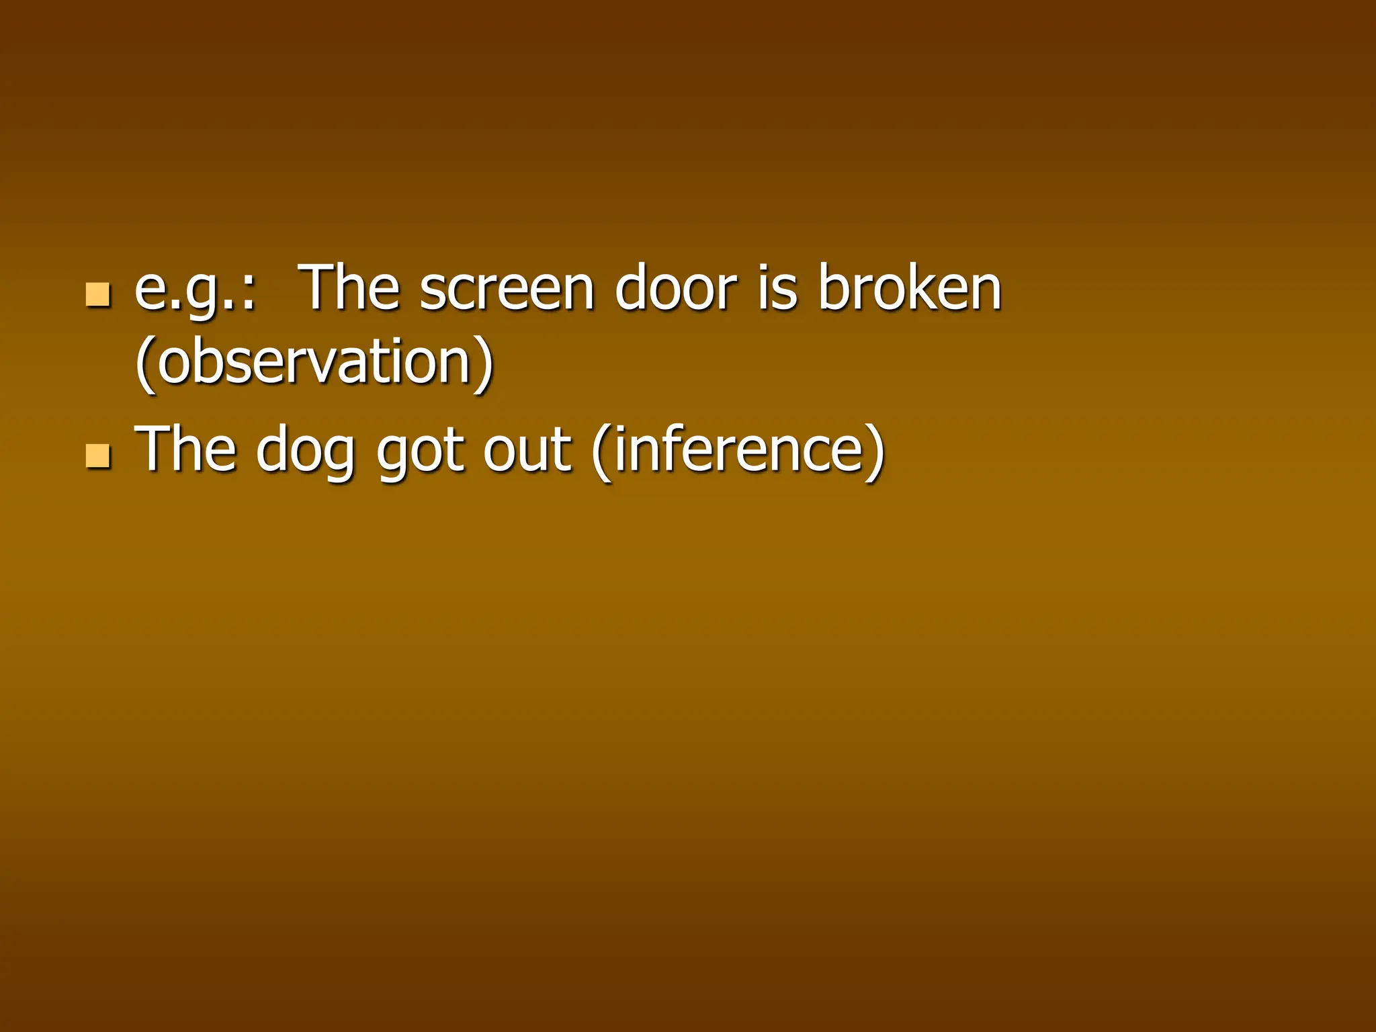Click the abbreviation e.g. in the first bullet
click(x=185, y=290)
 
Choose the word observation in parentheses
click(x=314, y=363)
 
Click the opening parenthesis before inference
click(x=601, y=451)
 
